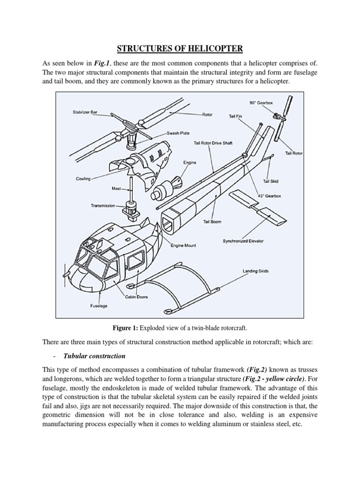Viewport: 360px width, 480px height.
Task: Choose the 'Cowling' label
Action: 82,179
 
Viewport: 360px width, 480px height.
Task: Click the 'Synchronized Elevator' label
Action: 243,241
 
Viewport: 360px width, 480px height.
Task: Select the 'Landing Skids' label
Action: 255,271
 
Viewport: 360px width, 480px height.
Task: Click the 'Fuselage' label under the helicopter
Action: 98,306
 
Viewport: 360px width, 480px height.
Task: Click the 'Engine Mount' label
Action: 184,245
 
